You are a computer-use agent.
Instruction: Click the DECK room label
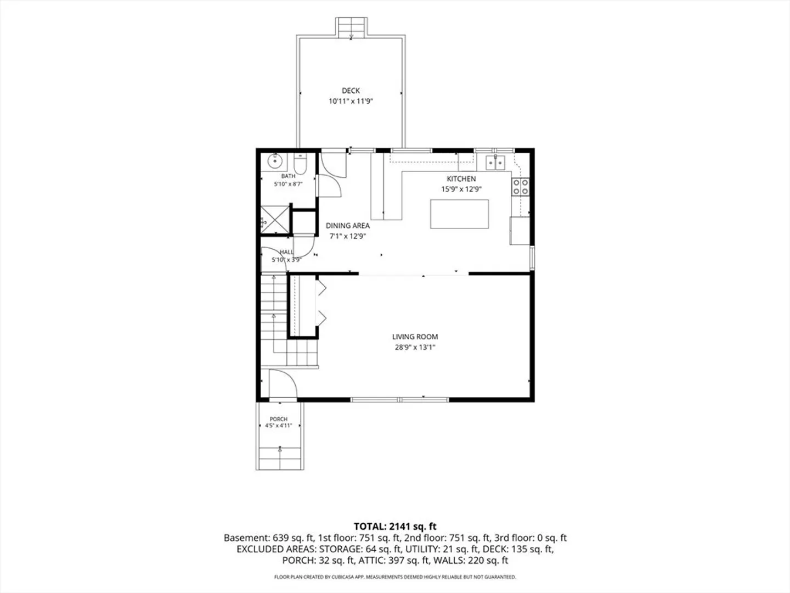point(351,91)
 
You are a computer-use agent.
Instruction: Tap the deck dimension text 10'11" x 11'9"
point(351,101)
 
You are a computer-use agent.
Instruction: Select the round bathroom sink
point(275,161)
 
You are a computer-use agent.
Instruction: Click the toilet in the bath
point(300,164)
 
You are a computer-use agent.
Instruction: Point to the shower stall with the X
point(275,219)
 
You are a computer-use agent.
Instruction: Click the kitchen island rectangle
point(459,214)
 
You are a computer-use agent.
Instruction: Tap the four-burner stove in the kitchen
point(521,187)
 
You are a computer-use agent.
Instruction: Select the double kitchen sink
point(495,163)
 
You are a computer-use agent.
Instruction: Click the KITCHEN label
point(461,179)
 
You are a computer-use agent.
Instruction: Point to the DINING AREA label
point(348,226)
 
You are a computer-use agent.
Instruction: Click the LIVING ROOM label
point(415,337)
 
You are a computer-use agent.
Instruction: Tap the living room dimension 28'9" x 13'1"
point(415,348)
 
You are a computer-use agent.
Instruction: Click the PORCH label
point(279,419)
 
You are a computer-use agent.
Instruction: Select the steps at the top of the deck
point(351,27)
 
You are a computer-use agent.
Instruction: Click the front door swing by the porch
point(284,384)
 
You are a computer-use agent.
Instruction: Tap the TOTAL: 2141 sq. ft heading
point(395,527)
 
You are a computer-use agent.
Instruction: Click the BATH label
point(288,176)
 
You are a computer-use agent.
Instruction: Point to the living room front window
point(400,400)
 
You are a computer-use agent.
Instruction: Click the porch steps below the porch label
point(280,458)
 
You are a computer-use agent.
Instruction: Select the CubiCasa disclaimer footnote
point(395,577)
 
